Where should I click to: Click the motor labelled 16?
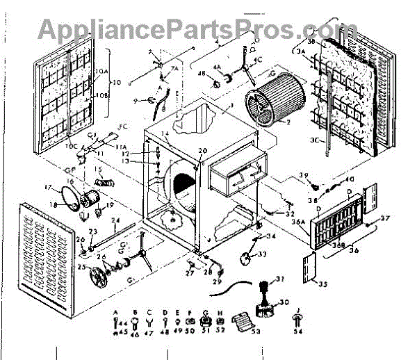88,200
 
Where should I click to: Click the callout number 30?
284,302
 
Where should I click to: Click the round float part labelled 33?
245,257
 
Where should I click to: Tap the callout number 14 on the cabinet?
165,133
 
